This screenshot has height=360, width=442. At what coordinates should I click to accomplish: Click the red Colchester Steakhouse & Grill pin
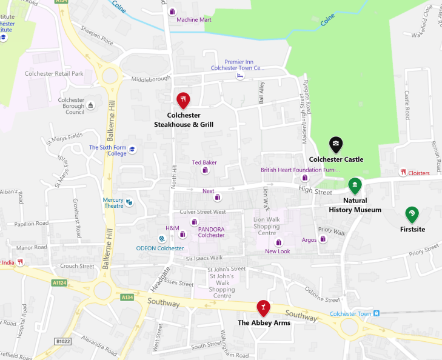pyautogui.click(x=183, y=99)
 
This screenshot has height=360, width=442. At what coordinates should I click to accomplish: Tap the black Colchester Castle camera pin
pyautogui.click(x=336, y=144)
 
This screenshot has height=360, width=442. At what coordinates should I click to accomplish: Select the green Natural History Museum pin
pyautogui.click(x=355, y=185)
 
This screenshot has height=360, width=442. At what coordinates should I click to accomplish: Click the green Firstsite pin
pyautogui.click(x=412, y=214)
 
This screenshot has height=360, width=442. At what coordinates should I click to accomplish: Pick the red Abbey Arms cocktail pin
pyautogui.click(x=263, y=307)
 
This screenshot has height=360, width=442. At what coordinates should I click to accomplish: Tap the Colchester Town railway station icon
pyautogui.click(x=377, y=313)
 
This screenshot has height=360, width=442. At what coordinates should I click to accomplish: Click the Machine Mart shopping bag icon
pyautogui.click(x=172, y=12)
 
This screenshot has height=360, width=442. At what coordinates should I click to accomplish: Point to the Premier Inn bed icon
pyautogui.click(x=240, y=76)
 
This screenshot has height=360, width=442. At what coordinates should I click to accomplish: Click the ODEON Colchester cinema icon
pyautogui.click(x=161, y=239)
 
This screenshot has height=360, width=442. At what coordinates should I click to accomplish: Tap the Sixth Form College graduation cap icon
pyautogui.click(x=132, y=150)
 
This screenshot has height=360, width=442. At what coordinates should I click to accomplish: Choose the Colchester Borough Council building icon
pyautogui.click(x=91, y=105)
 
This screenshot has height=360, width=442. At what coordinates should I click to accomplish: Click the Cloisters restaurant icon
pyautogui.click(x=403, y=173)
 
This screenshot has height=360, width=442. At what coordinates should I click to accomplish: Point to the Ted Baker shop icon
pyautogui.click(x=205, y=170)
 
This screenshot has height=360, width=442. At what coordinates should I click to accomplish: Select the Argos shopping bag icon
pyautogui.click(x=323, y=239)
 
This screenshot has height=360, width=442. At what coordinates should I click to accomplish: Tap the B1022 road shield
pyautogui.click(x=63, y=341)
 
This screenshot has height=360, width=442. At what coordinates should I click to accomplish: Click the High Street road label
pyautogui.click(x=315, y=192)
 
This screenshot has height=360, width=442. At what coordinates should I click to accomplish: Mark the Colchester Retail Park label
pyautogui.click(x=54, y=73)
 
